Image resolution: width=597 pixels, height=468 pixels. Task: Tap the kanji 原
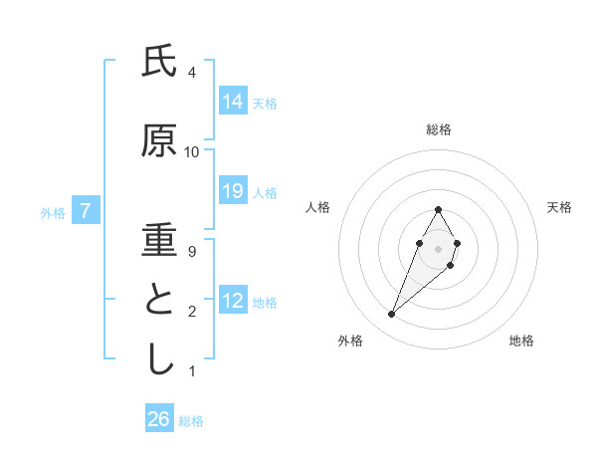point(159,141)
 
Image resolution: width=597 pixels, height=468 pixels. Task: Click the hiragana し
point(159,360)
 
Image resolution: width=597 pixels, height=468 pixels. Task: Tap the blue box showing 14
point(233,102)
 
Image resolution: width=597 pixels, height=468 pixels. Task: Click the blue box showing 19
point(233,191)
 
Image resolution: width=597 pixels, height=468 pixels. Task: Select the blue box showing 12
point(233,301)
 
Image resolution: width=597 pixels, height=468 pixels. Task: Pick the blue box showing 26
point(159,419)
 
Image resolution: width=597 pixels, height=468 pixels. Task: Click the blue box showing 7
point(87,211)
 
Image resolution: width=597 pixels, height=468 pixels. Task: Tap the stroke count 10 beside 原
point(192,152)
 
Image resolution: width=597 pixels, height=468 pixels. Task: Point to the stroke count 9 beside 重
point(192,252)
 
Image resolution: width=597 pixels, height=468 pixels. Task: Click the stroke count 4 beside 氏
point(192,73)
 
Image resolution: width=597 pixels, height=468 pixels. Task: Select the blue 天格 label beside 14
point(265,103)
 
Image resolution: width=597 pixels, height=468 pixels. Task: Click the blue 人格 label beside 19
point(265,192)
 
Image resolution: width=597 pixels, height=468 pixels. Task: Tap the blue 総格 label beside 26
point(191,421)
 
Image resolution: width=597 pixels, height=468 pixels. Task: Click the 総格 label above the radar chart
point(439,129)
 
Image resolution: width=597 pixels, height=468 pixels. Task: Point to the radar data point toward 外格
point(391,314)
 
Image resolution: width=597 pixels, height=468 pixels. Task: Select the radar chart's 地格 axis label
point(521,341)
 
